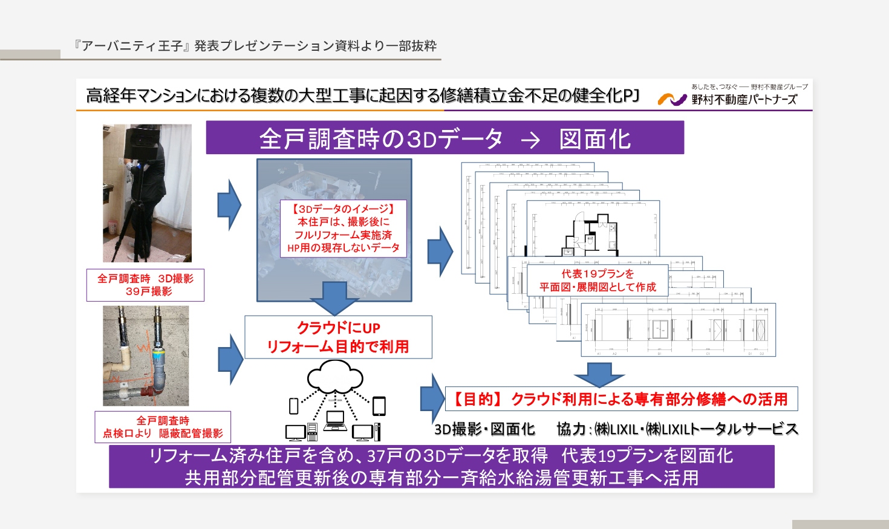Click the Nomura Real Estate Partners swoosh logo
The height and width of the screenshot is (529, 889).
[672, 99]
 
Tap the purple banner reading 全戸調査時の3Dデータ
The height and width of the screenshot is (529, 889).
[444, 138]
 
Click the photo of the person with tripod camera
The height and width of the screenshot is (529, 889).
[147, 193]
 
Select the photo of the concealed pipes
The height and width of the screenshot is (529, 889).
[146, 355]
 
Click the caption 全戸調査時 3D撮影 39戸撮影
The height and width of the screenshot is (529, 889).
[145, 285]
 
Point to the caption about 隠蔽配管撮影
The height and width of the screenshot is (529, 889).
[163, 427]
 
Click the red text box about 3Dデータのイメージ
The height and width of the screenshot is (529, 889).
[344, 229]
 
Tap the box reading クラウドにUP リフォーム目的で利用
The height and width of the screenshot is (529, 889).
[338, 337]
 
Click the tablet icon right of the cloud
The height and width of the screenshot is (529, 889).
[379, 406]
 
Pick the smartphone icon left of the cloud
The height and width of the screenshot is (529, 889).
[294, 406]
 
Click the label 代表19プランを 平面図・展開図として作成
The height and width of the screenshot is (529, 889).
[598, 281]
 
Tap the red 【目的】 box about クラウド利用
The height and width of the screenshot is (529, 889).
[621, 399]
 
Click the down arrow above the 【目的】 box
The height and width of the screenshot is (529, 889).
[599, 374]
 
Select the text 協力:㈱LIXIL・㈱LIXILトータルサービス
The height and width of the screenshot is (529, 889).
[677, 429]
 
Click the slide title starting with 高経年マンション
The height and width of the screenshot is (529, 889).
[362, 96]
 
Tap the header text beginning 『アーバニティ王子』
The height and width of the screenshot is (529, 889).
[255, 46]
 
